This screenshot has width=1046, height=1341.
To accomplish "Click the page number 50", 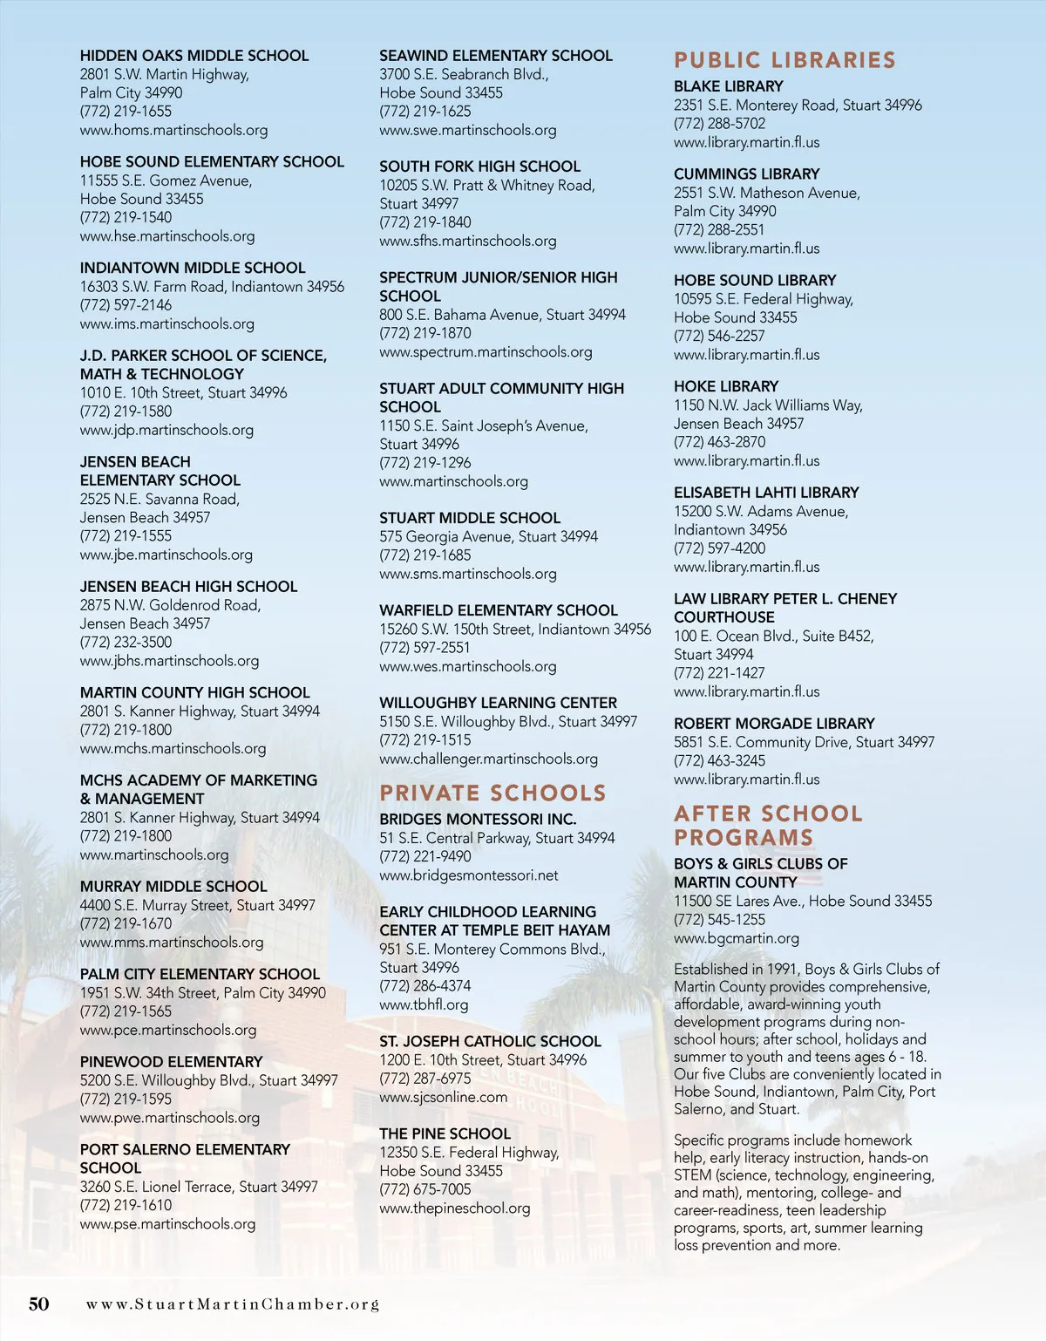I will pyautogui.click(x=39, y=1304).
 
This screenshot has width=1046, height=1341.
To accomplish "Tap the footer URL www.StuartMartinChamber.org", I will pyautogui.click(x=233, y=1304).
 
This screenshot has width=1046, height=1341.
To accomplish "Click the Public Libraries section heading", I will pyautogui.click(x=784, y=60).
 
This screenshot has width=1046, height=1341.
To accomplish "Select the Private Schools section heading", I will pyautogui.click(x=492, y=793).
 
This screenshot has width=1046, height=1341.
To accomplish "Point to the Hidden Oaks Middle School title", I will pyautogui.click(x=194, y=56).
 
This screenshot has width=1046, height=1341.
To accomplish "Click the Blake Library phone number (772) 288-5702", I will pyautogui.click(x=719, y=124).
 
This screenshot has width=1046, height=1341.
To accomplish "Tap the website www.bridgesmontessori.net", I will pyautogui.click(x=469, y=875).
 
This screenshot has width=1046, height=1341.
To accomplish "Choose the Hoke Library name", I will pyautogui.click(x=726, y=386).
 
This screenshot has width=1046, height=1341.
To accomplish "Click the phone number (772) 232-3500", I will pyautogui.click(x=126, y=642).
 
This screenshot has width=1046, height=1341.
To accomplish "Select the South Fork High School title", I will pyautogui.click(x=479, y=167).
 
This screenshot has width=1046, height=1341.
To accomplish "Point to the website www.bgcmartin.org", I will pyautogui.click(x=737, y=938).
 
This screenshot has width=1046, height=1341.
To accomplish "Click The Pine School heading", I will pyautogui.click(x=445, y=1133).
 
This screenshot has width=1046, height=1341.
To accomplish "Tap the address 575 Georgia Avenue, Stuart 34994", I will pyautogui.click(x=488, y=536).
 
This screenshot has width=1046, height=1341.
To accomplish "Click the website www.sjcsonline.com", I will pyautogui.click(x=443, y=1097).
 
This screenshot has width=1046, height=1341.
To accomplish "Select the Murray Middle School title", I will pyautogui.click(x=173, y=887).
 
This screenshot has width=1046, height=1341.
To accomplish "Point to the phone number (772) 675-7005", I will pyautogui.click(x=425, y=1189).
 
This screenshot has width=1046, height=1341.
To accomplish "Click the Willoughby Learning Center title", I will pyautogui.click(x=498, y=703).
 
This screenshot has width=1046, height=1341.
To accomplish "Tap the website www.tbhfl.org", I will pyautogui.click(x=424, y=1004).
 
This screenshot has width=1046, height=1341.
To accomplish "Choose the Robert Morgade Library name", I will pyautogui.click(x=774, y=724).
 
